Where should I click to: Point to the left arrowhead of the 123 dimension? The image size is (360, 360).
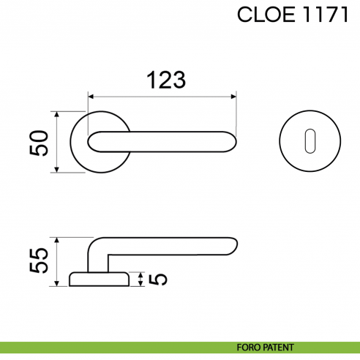coord(91,95)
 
